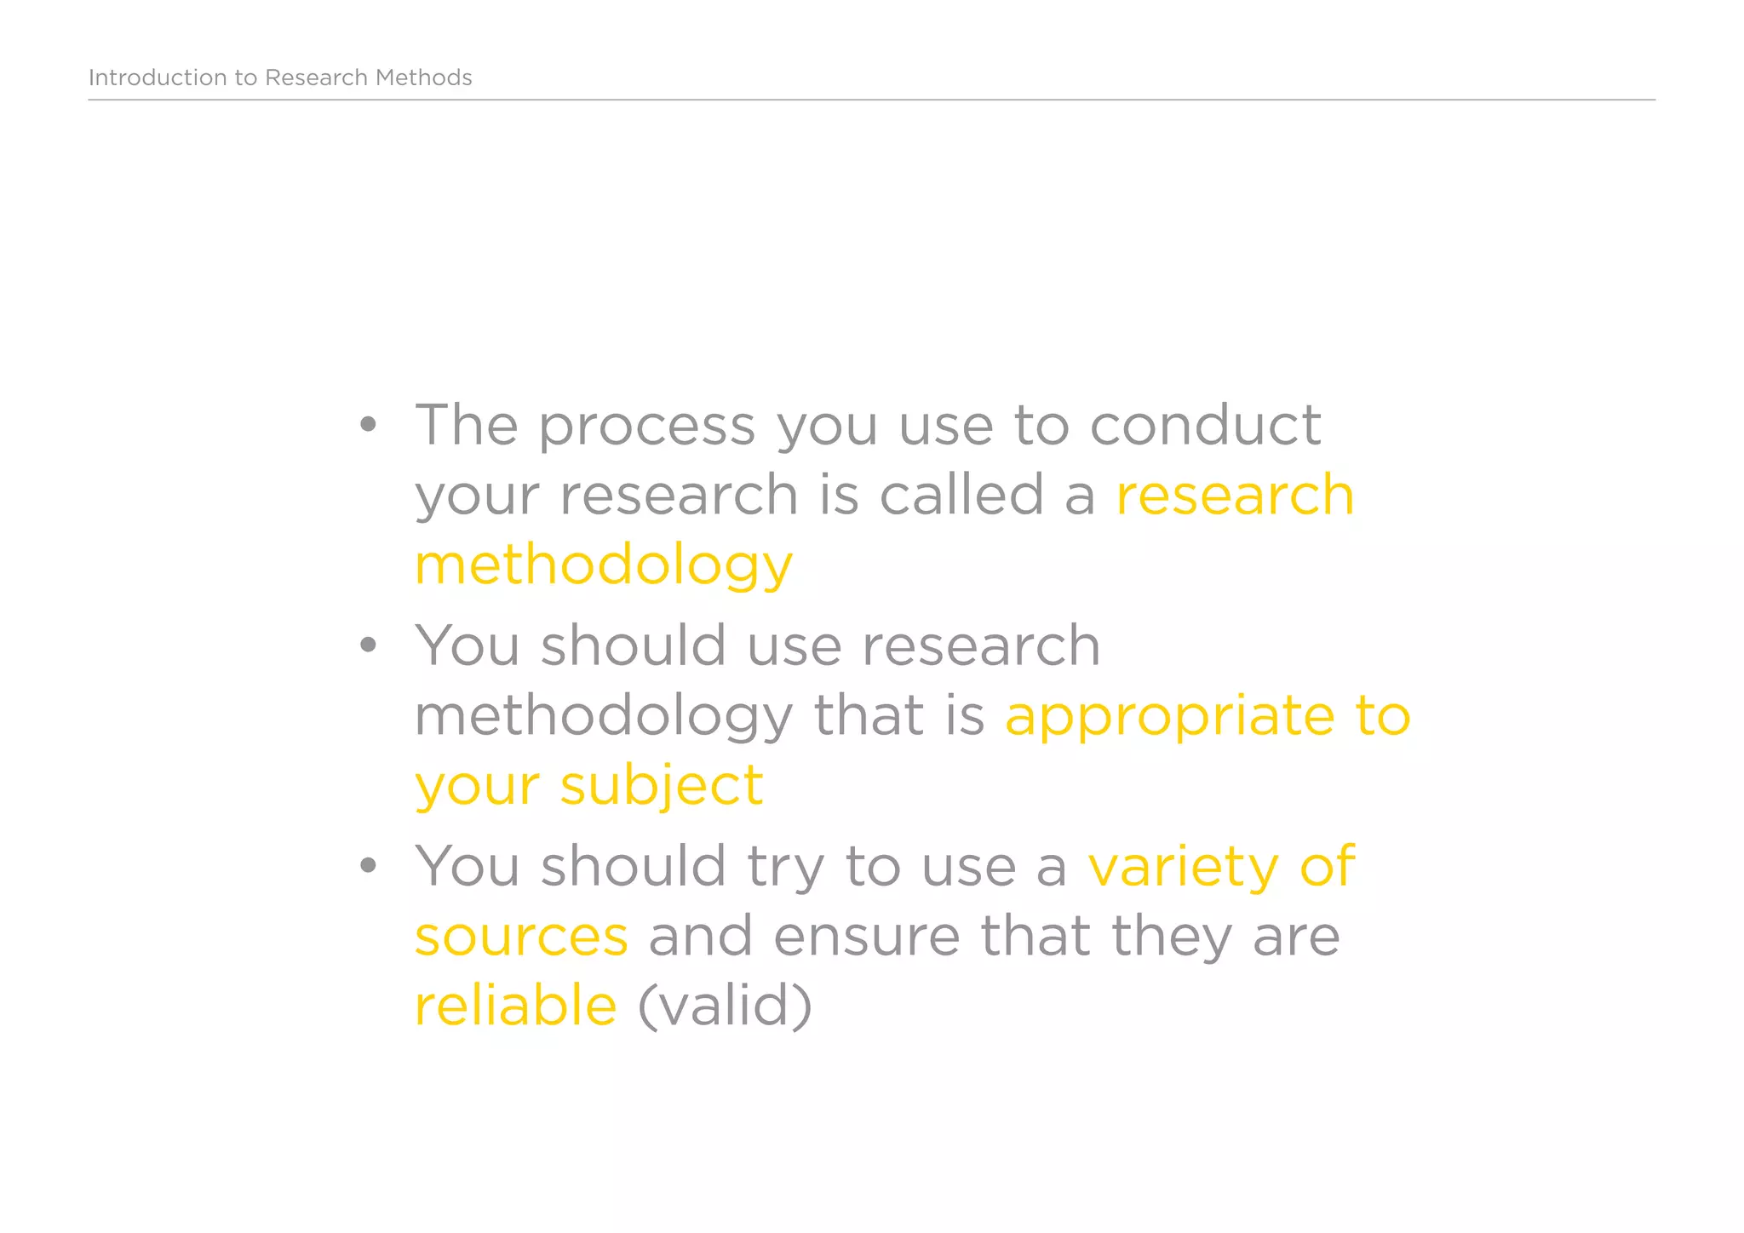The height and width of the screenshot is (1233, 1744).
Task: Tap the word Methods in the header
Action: coord(423,77)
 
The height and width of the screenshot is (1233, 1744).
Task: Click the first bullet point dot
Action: coord(367,424)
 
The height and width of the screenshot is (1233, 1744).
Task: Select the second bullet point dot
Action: coord(367,645)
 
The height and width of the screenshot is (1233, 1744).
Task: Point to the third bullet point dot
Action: coord(367,866)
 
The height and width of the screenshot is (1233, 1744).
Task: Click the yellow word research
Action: coord(1235,496)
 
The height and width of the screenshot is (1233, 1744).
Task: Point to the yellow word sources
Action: coord(521,937)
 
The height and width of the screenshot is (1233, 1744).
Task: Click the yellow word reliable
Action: coord(515,1005)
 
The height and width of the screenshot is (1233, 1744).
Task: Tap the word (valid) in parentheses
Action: coord(725,1006)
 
